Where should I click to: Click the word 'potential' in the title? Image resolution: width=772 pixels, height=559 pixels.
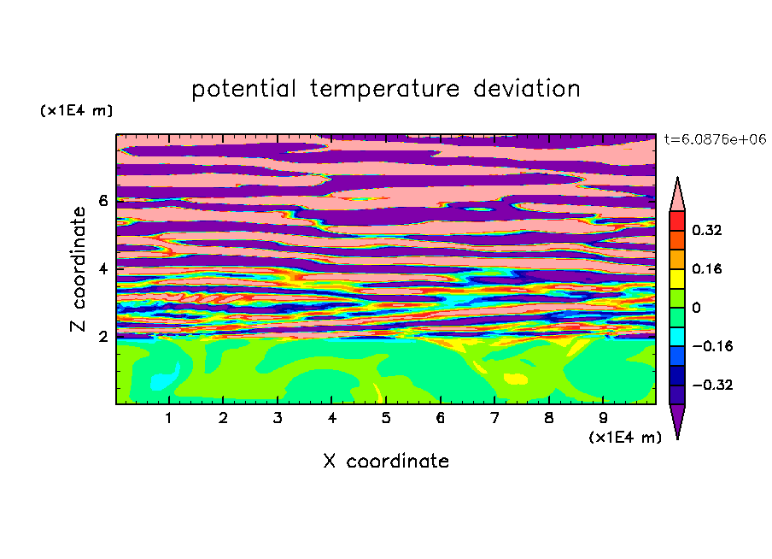[x=243, y=90]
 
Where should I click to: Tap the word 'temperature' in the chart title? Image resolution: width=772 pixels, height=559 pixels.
[x=384, y=90]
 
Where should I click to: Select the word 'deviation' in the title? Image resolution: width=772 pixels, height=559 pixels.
[x=526, y=89]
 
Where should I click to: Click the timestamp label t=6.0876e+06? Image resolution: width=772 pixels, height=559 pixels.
[x=715, y=139]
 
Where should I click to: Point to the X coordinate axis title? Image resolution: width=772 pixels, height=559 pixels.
[x=386, y=461]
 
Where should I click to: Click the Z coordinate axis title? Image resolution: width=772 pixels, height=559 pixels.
[x=79, y=269]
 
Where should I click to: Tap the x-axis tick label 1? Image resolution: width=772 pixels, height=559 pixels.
[x=168, y=418]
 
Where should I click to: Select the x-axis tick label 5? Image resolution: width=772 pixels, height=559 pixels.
[x=386, y=418]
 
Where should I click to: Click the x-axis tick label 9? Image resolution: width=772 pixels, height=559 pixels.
[x=603, y=418]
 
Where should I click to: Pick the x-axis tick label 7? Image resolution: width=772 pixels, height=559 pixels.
[x=494, y=418]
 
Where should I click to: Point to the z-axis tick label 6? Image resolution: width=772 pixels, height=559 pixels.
[x=102, y=201]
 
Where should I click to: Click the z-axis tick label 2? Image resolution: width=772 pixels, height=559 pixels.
[x=102, y=337]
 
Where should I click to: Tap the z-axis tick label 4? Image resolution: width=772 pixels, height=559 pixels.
[x=102, y=269]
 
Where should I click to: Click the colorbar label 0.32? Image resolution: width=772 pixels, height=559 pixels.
[x=706, y=230]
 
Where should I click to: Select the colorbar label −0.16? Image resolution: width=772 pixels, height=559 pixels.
[x=712, y=346]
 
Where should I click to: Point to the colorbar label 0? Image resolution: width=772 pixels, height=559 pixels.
[x=696, y=308]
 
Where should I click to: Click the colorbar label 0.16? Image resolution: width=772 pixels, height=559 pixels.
[x=706, y=268]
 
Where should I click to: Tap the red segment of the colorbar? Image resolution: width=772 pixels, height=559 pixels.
[x=677, y=221]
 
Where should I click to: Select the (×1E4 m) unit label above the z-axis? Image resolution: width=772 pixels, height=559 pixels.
[x=76, y=110]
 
